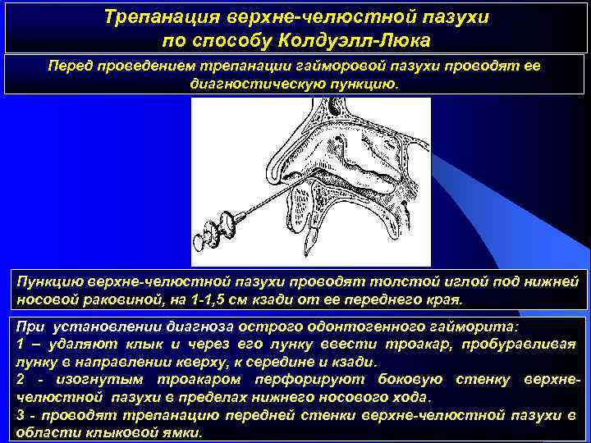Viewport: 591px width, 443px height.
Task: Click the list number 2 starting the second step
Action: click(x=20, y=379)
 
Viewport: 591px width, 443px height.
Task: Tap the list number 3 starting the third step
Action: click(x=20, y=415)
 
